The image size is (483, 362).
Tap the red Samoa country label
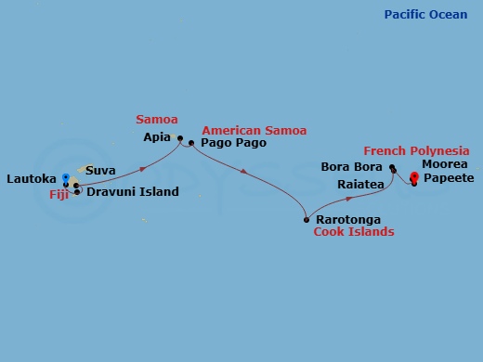156,120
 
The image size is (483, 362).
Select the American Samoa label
254,131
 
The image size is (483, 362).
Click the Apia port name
158,136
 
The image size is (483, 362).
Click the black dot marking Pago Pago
191,143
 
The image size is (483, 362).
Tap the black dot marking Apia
180,137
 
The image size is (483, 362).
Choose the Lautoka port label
33,178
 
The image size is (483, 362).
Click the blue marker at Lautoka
65,176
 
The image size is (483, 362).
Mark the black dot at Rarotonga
307,220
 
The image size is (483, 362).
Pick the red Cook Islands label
353,232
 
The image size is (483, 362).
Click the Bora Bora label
351,167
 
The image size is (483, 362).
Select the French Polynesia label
416,150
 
